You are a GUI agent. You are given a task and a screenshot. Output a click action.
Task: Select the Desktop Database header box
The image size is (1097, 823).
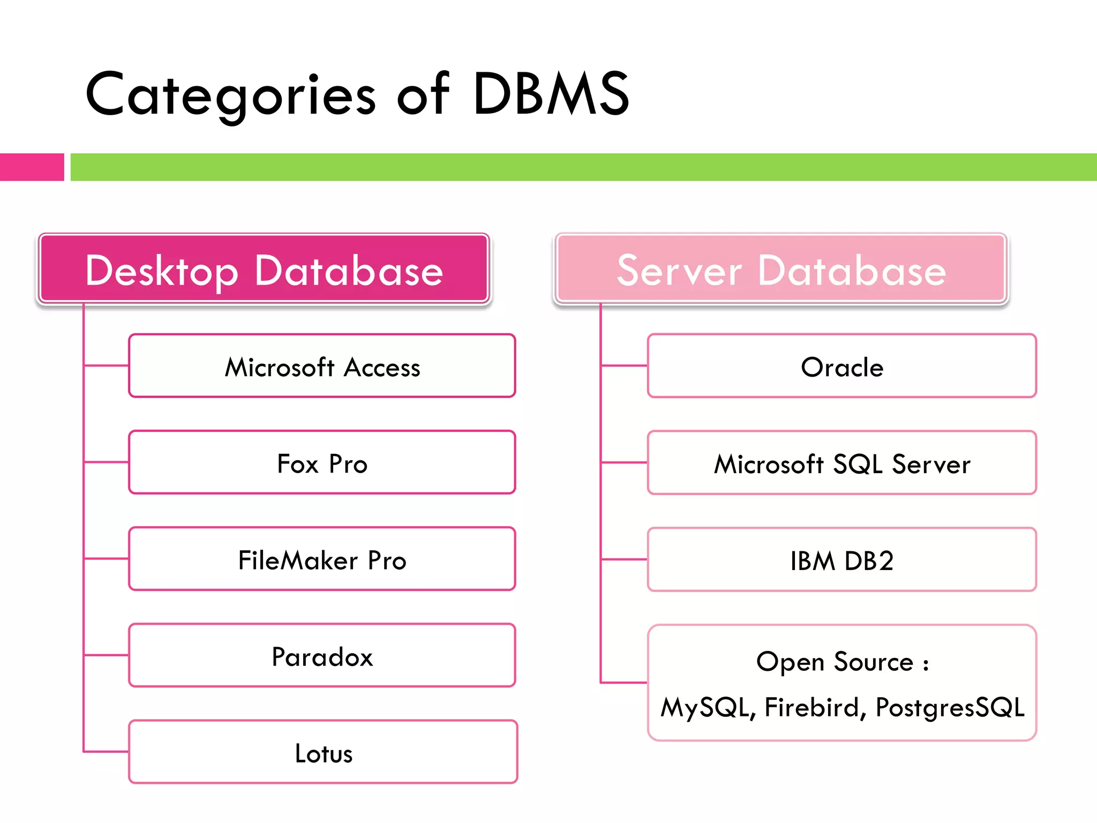pos(264,269)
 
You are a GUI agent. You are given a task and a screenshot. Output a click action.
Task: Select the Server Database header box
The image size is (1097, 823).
pos(781,269)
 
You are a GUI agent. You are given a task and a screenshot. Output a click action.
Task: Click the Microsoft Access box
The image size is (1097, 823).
pos(322,366)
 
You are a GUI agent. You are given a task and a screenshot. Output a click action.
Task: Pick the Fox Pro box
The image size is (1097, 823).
pos(322,463)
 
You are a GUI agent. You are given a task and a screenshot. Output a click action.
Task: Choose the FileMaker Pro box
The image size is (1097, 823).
pos(322,559)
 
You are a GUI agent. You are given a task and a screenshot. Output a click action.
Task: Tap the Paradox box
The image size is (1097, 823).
pos(322,656)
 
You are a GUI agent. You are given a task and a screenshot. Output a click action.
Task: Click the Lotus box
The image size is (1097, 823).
pos(323,752)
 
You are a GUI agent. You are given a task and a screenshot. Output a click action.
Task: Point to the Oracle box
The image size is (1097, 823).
pos(841,366)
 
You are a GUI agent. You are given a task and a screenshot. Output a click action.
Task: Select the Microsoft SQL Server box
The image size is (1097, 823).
pos(841,463)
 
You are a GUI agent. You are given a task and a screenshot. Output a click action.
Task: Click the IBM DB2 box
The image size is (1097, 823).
pos(841,560)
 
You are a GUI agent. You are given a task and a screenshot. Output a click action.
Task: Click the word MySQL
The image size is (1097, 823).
pos(707,707)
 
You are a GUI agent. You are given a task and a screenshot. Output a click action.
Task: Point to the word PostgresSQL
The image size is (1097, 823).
pos(950,707)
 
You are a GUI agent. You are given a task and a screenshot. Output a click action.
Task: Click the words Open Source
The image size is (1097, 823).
pos(835,662)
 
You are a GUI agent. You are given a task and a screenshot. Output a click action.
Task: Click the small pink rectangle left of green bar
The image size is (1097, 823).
pos(32,167)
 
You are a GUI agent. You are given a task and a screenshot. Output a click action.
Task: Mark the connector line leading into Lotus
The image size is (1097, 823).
pos(106,752)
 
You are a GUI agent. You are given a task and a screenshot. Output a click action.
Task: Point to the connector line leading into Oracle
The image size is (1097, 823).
pos(624,366)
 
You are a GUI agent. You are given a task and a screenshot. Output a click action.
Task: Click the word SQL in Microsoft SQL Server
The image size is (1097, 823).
pos(858,464)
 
